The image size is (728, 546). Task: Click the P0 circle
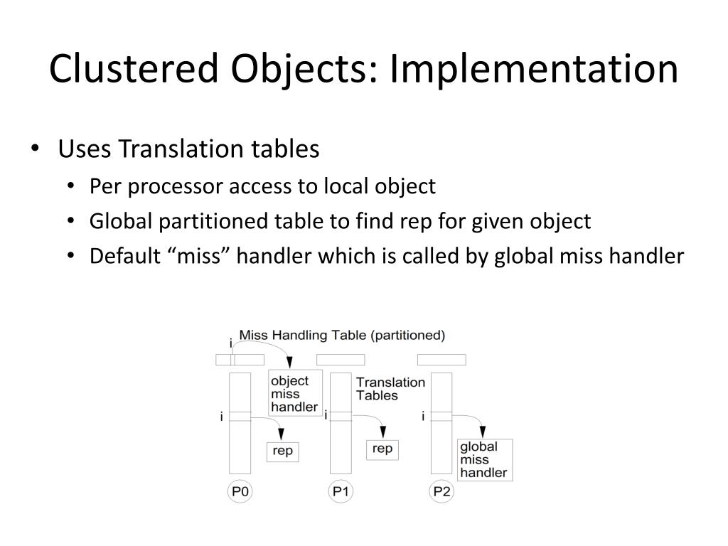(x=240, y=492)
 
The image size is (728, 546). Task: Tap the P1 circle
(x=341, y=492)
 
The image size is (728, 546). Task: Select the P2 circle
(x=441, y=492)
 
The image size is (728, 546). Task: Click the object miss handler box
(x=294, y=393)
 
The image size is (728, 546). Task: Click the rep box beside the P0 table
(x=282, y=451)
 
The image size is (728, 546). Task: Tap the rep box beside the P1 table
(x=382, y=449)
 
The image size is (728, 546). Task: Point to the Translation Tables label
(x=390, y=388)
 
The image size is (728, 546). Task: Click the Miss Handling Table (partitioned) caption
(x=342, y=335)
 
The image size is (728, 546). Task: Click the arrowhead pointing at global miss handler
(x=483, y=432)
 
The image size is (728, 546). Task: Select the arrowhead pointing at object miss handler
(x=288, y=363)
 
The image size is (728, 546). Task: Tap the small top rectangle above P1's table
(x=341, y=360)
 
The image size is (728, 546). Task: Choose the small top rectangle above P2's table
(x=441, y=360)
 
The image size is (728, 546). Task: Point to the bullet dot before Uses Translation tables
(x=36, y=150)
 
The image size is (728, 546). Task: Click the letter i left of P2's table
(x=423, y=416)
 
